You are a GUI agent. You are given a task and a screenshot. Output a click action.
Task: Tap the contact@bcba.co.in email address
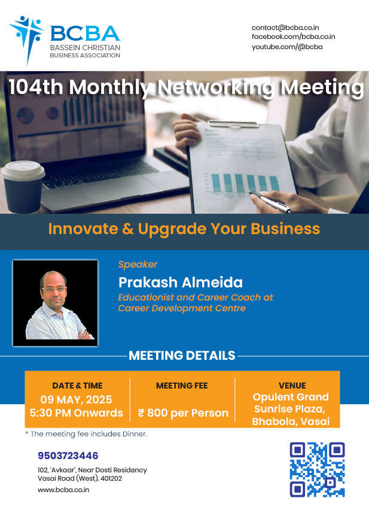285,28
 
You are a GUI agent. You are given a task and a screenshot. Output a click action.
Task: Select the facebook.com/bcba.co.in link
293,37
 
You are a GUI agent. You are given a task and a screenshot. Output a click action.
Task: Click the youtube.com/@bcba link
287,47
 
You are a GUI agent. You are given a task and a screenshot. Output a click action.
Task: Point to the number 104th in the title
36,87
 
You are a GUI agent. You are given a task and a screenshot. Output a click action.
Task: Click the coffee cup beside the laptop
23,186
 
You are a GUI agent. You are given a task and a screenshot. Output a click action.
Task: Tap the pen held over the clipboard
270,201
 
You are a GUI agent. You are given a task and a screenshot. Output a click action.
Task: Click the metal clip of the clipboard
233,124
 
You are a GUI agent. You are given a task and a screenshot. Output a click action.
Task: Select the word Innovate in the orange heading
83,229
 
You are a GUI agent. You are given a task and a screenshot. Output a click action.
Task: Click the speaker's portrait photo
55,303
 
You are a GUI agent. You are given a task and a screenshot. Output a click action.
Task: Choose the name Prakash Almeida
181,283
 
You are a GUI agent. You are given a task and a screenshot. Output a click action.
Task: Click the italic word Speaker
138,265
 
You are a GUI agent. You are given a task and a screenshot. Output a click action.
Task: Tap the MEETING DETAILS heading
182,356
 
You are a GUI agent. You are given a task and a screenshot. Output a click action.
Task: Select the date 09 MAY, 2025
76,399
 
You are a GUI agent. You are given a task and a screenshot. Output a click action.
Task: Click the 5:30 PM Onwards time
76,413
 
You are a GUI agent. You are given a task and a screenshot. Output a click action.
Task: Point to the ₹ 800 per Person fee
183,413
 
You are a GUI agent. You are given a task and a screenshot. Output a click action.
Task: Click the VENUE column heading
292,386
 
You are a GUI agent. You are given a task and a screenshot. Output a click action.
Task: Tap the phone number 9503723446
68,456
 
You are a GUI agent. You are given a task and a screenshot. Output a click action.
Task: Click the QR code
317,469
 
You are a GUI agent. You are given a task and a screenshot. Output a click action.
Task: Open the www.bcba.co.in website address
63,490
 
